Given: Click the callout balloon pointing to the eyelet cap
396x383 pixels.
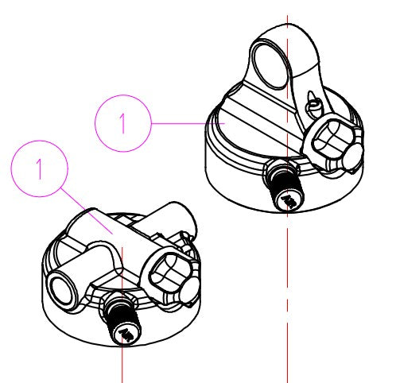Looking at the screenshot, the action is (x=123, y=95).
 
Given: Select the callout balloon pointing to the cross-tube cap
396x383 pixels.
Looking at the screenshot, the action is (x=39, y=141).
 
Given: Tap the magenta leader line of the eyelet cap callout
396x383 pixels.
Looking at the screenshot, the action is (x=188, y=123).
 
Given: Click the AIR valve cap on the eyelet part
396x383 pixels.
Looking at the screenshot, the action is (x=289, y=201).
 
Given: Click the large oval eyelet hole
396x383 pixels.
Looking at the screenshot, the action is (x=270, y=65).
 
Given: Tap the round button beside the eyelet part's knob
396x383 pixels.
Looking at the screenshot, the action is (x=352, y=157).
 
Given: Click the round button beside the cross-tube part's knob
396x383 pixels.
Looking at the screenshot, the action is (x=190, y=291).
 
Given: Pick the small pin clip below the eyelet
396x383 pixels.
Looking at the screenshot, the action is (x=314, y=104).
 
